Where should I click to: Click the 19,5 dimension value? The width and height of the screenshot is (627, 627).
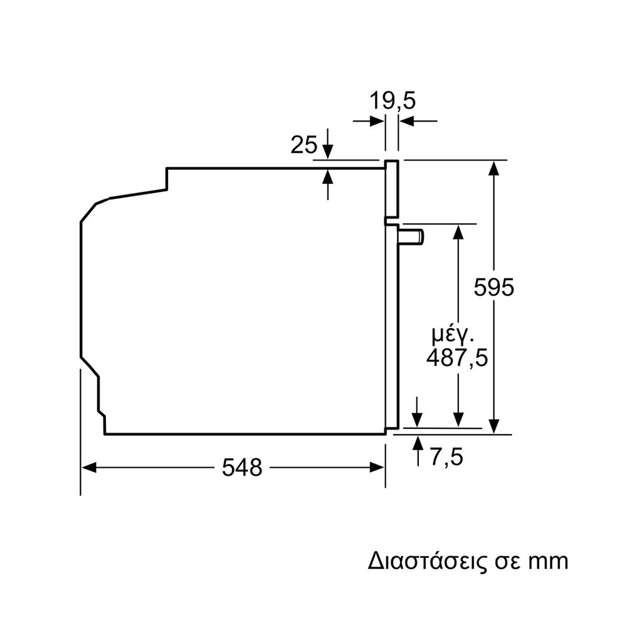[393, 101]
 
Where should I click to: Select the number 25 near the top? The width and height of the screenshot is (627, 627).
[303, 144]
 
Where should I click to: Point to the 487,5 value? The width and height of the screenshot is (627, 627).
[457, 357]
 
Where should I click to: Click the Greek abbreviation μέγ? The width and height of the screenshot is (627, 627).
[453, 335]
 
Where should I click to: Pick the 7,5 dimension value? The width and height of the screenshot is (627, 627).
[447, 456]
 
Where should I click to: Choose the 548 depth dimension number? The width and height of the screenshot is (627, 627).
[242, 467]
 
